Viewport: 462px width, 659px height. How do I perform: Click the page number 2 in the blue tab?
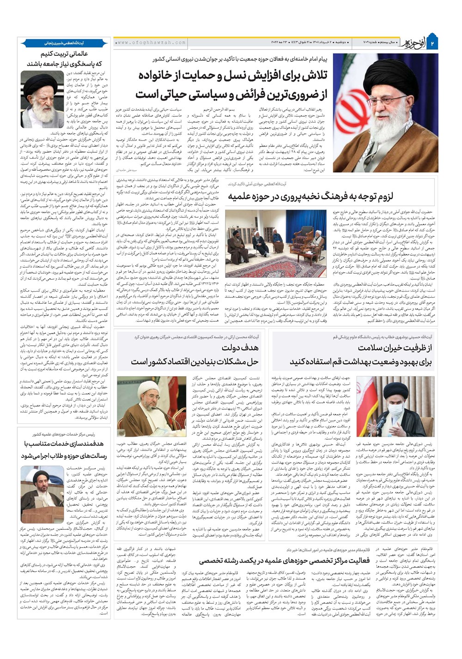pos(433,43)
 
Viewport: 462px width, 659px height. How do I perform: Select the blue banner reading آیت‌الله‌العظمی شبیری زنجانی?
pos(64,42)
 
